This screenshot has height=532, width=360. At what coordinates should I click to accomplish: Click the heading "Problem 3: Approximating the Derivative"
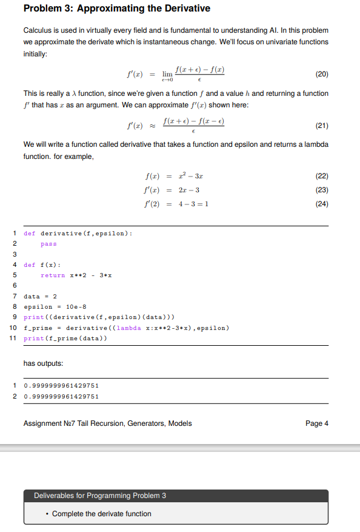point(116,8)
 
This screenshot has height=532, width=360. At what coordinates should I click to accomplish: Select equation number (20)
point(322,75)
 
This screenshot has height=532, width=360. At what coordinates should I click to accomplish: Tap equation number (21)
point(322,126)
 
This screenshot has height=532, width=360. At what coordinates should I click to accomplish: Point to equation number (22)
point(322,176)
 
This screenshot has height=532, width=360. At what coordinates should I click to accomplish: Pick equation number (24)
point(322,204)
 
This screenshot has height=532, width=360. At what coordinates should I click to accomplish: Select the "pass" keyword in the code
point(48,244)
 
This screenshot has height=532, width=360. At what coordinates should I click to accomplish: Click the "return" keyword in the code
point(53,275)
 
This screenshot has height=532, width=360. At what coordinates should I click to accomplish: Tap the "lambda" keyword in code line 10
point(128,328)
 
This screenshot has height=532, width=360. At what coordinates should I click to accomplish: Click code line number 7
point(14,296)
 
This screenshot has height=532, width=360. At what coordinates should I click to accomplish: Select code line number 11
point(13,338)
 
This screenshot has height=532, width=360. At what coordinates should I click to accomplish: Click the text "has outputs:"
point(43,363)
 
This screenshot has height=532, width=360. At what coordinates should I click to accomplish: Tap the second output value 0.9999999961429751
point(61,396)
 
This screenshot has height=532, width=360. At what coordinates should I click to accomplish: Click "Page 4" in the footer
point(317,423)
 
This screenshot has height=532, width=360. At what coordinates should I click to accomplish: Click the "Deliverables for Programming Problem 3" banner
point(100,496)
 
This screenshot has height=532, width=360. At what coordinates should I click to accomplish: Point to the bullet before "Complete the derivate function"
point(47,514)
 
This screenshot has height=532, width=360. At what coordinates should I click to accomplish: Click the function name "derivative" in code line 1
point(61,233)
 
